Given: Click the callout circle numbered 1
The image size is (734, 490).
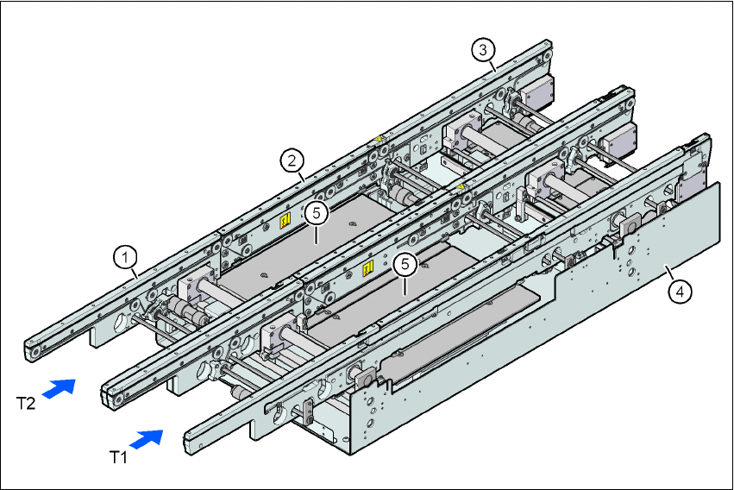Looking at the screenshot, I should (x=126, y=256).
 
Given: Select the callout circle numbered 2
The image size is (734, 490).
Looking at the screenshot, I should (x=293, y=160).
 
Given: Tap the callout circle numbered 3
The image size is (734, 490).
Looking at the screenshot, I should (x=485, y=49).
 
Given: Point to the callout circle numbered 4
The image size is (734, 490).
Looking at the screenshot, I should (x=681, y=292).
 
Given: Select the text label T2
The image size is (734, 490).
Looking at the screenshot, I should (x=27, y=402).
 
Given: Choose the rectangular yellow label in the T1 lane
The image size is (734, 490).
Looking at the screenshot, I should (x=367, y=268).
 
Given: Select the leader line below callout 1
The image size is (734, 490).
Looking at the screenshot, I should (x=134, y=271).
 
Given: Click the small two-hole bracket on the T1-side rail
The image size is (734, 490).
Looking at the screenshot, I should (x=306, y=412).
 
